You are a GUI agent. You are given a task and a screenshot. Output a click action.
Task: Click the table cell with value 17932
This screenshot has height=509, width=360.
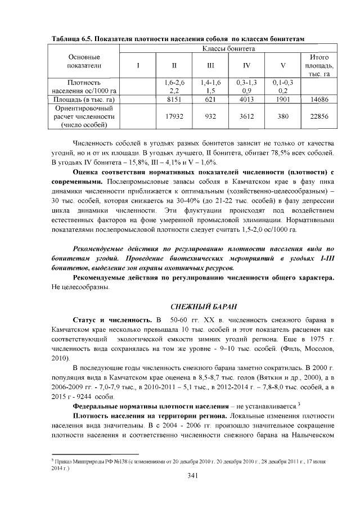click(174, 116)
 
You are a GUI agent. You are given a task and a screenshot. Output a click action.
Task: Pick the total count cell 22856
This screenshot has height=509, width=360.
click(319, 116)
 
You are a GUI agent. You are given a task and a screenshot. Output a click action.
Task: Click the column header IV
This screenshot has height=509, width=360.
click(246, 65)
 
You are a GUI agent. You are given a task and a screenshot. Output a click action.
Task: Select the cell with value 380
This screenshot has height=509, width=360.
click(283, 116)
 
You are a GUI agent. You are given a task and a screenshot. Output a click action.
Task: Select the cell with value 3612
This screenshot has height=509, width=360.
click(246, 116)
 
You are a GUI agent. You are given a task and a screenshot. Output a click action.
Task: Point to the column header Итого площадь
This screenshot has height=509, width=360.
click(319, 65)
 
